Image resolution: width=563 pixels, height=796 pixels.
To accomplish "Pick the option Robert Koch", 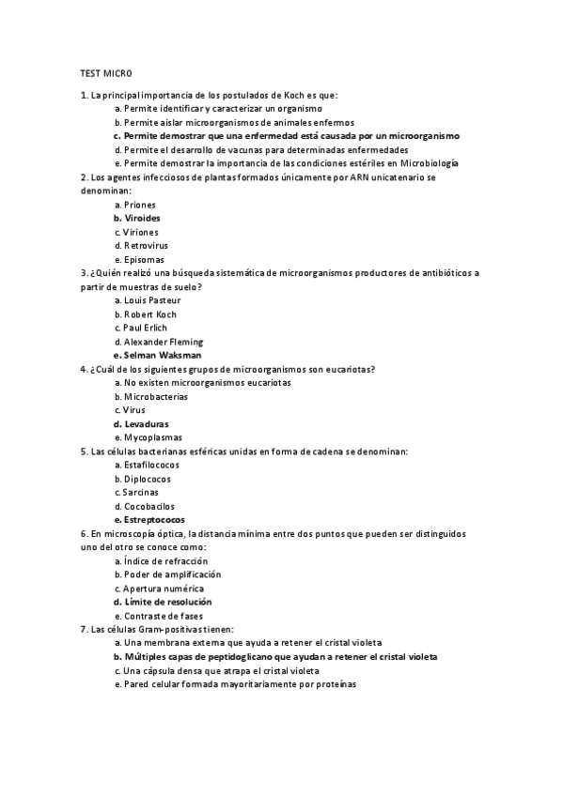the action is pos(150,314).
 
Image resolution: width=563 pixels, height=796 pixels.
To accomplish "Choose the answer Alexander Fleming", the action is pos(163,342).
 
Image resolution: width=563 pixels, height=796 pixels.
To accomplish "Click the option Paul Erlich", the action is pos(146,328).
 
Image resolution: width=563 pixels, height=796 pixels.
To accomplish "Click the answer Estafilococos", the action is pos(151,465).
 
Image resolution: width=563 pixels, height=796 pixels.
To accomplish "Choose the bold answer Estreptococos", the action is pos(154,519).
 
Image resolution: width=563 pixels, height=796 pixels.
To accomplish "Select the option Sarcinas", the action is pos(140,492).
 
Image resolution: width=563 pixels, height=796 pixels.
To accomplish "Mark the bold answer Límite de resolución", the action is pos(167,602).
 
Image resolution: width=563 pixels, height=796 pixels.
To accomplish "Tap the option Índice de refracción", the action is pos(164,560).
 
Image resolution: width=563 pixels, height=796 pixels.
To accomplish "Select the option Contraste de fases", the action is pos(163,615).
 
